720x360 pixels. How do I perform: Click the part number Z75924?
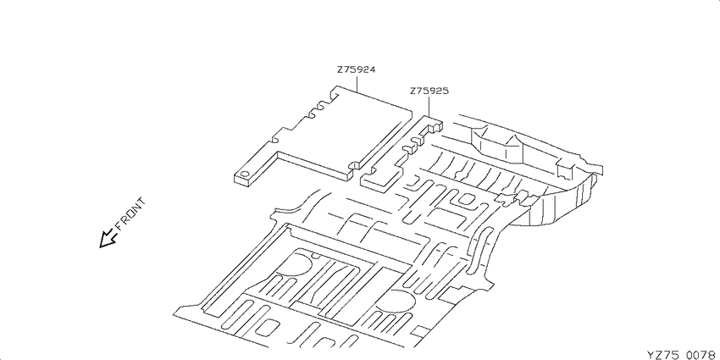pyautogui.click(x=357, y=69)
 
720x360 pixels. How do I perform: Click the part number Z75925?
pyautogui.click(x=429, y=91)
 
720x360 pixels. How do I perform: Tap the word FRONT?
pyautogui.click(x=130, y=213)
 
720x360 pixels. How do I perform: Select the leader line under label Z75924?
pyautogui.click(x=357, y=83)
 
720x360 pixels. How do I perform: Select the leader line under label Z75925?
pyautogui.click(x=429, y=106)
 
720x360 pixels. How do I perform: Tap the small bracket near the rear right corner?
pyautogui.click(x=565, y=168)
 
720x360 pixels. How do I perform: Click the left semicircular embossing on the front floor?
pyautogui.click(x=297, y=263)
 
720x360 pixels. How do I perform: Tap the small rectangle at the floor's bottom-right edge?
pyautogui.click(x=421, y=331)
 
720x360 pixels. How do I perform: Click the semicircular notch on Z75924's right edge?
pyautogui.click(x=354, y=164)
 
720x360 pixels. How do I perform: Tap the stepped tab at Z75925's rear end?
pyautogui.click(x=435, y=124)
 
